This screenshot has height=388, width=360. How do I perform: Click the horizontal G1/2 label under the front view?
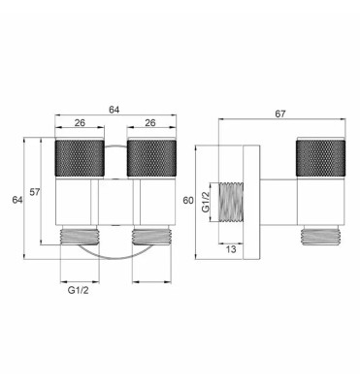(77, 290)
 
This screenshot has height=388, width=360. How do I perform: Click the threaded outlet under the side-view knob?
(317, 236)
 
